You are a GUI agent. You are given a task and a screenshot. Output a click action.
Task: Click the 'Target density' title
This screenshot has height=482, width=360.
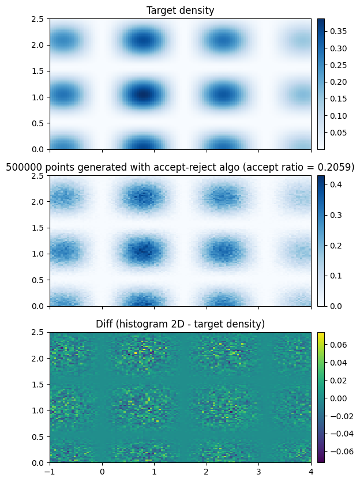pyautogui.click(x=181, y=10)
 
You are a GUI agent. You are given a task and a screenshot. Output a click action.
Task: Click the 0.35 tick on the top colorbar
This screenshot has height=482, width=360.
pyautogui.click(x=338, y=31)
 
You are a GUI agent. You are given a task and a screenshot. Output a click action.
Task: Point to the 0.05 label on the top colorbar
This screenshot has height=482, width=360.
pyautogui.click(x=338, y=133)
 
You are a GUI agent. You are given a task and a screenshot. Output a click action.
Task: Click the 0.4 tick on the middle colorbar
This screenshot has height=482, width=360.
pyautogui.click(x=336, y=184)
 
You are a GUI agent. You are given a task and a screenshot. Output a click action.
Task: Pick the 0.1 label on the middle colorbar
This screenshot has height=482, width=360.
pyautogui.click(x=336, y=276)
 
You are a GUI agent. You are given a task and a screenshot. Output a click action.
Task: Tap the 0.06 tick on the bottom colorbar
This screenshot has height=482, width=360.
pyautogui.click(x=338, y=345)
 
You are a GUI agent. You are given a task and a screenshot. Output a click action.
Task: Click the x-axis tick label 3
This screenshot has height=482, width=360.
pyautogui.click(x=258, y=472)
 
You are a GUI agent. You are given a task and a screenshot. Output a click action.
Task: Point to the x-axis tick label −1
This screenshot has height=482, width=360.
pyautogui.click(x=49, y=472)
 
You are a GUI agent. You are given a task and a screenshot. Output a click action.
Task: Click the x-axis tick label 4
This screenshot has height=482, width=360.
pyautogui.click(x=311, y=472)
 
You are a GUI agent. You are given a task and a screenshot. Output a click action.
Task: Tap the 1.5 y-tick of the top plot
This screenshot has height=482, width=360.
pyautogui.click(x=37, y=71)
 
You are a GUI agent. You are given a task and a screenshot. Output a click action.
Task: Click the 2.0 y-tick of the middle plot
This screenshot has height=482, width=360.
pyautogui.click(x=37, y=202)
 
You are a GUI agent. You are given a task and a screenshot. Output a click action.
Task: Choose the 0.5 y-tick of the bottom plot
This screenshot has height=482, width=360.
pyautogui.click(x=37, y=437)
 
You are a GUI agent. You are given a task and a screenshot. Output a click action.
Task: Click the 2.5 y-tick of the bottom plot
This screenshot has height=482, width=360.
pyautogui.click(x=37, y=333)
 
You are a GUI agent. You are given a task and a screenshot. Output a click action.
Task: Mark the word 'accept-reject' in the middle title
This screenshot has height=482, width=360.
pyautogui.click(x=196, y=167)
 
